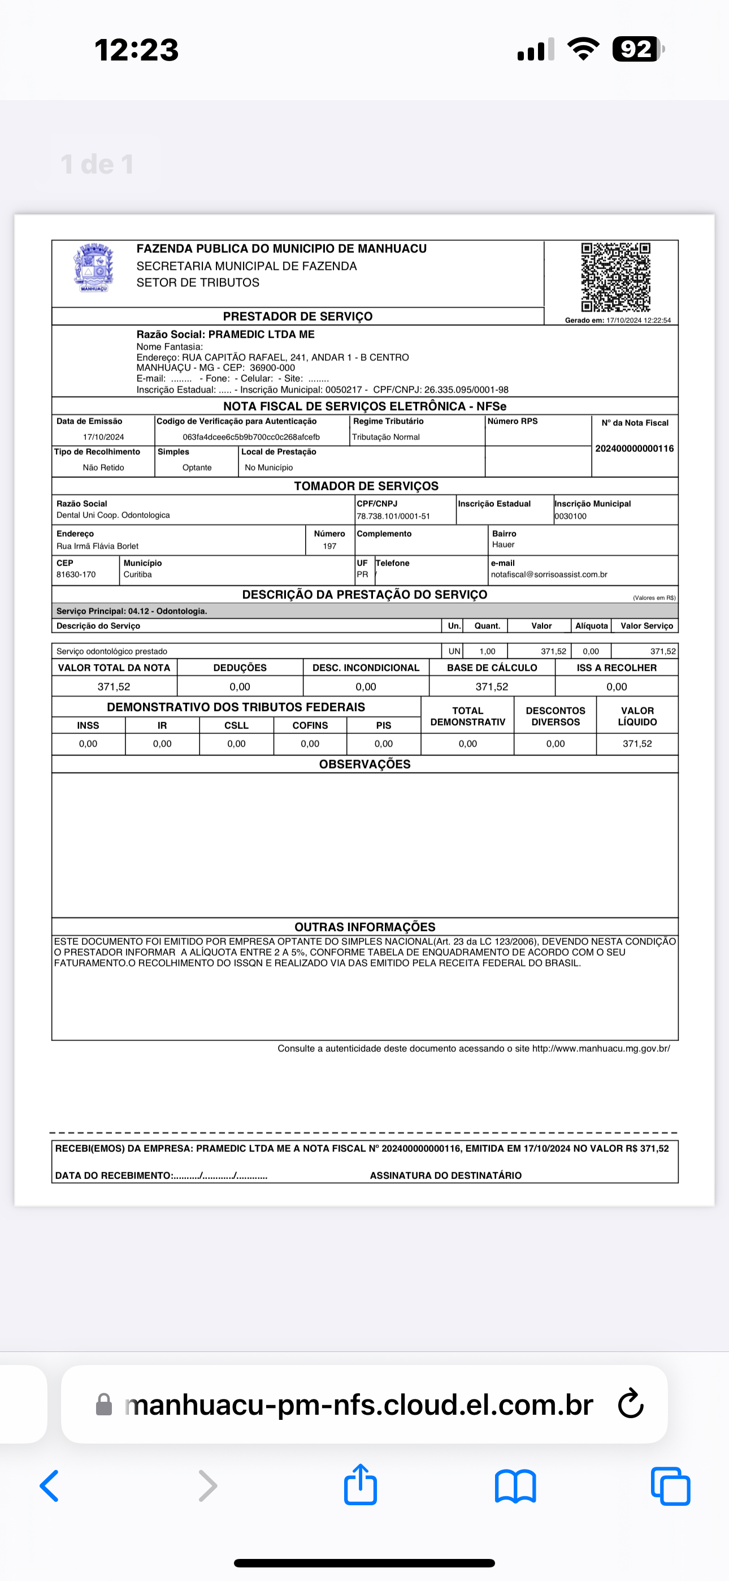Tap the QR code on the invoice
615,277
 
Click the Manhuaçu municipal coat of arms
93,267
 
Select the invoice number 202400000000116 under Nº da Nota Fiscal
635,448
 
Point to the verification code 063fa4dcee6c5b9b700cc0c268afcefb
251,437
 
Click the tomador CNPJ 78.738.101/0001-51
393,516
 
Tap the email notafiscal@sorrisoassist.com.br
549,574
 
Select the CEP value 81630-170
76,574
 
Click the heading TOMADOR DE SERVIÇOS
366,486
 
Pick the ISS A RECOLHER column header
616,668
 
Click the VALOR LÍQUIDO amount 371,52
637,744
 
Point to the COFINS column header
310,725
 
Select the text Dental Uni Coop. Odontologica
113,515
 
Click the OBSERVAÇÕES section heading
364,764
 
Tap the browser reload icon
630,1404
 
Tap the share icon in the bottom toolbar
360,1485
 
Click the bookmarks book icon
515,1486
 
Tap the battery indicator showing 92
637,49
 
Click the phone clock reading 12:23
136,50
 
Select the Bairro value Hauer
503,545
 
